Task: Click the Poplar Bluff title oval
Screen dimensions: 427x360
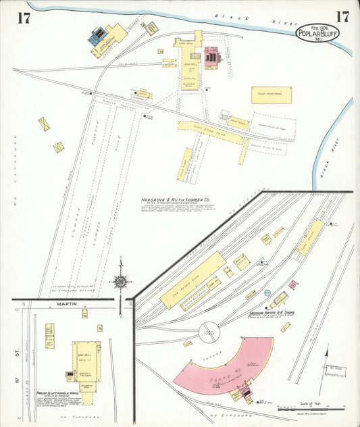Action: point(317,33)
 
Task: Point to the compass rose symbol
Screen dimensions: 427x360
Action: point(121,280)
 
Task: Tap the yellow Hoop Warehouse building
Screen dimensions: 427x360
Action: point(272,95)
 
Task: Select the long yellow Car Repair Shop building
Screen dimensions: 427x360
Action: point(192,280)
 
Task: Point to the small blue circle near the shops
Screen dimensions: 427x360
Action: point(267,293)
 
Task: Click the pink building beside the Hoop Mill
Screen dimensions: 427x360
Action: point(211,57)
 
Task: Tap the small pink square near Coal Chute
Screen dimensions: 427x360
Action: point(292,284)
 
